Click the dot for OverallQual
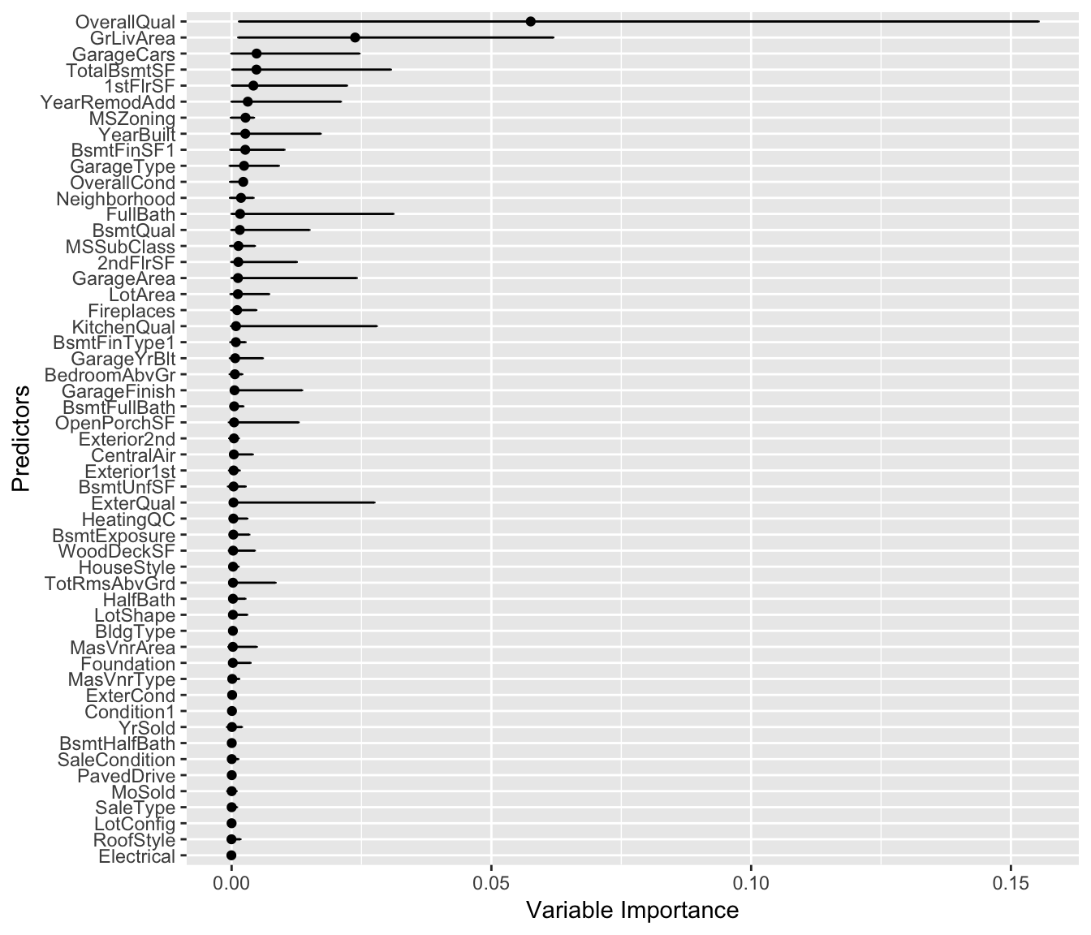(x=530, y=21)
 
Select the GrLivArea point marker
(x=355, y=37)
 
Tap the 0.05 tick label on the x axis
(x=491, y=881)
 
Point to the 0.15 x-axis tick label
(x=1011, y=881)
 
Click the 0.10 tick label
(x=751, y=881)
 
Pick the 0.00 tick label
(x=231, y=881)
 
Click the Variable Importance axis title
(x=632, y=910)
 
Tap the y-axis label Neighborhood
(x=115, y=199)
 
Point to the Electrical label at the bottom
(x=136, y=857)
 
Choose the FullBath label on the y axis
(x=140, y=215)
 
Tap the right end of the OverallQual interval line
(x=1039, y=21)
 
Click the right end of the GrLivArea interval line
(x=554, y=37)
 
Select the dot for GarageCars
(x=257, y=54)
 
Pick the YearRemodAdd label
(x=108, y=102)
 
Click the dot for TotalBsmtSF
(x=257, y=70)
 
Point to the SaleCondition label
(x=116, y=760)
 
